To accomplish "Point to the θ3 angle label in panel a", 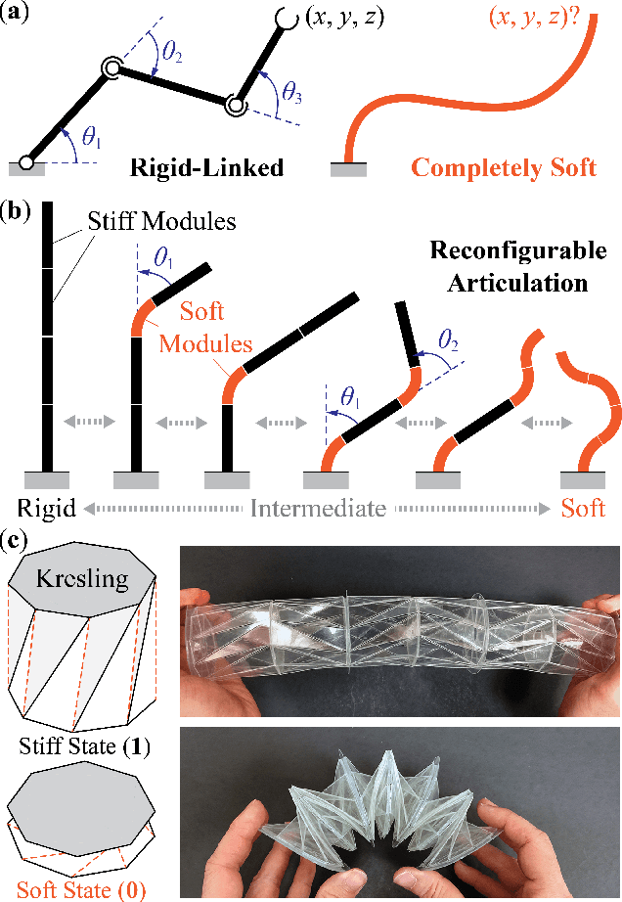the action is pyautogui.click(x=292, y=93).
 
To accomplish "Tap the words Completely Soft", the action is pyautogui.click(x=504, y=167).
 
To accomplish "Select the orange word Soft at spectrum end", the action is pyautogui.click(x=583, y=509).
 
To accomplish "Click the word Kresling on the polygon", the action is pyautogui.click(x=82, y=578).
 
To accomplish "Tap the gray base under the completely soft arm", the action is pyautogui.click(x=348, y=168).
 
